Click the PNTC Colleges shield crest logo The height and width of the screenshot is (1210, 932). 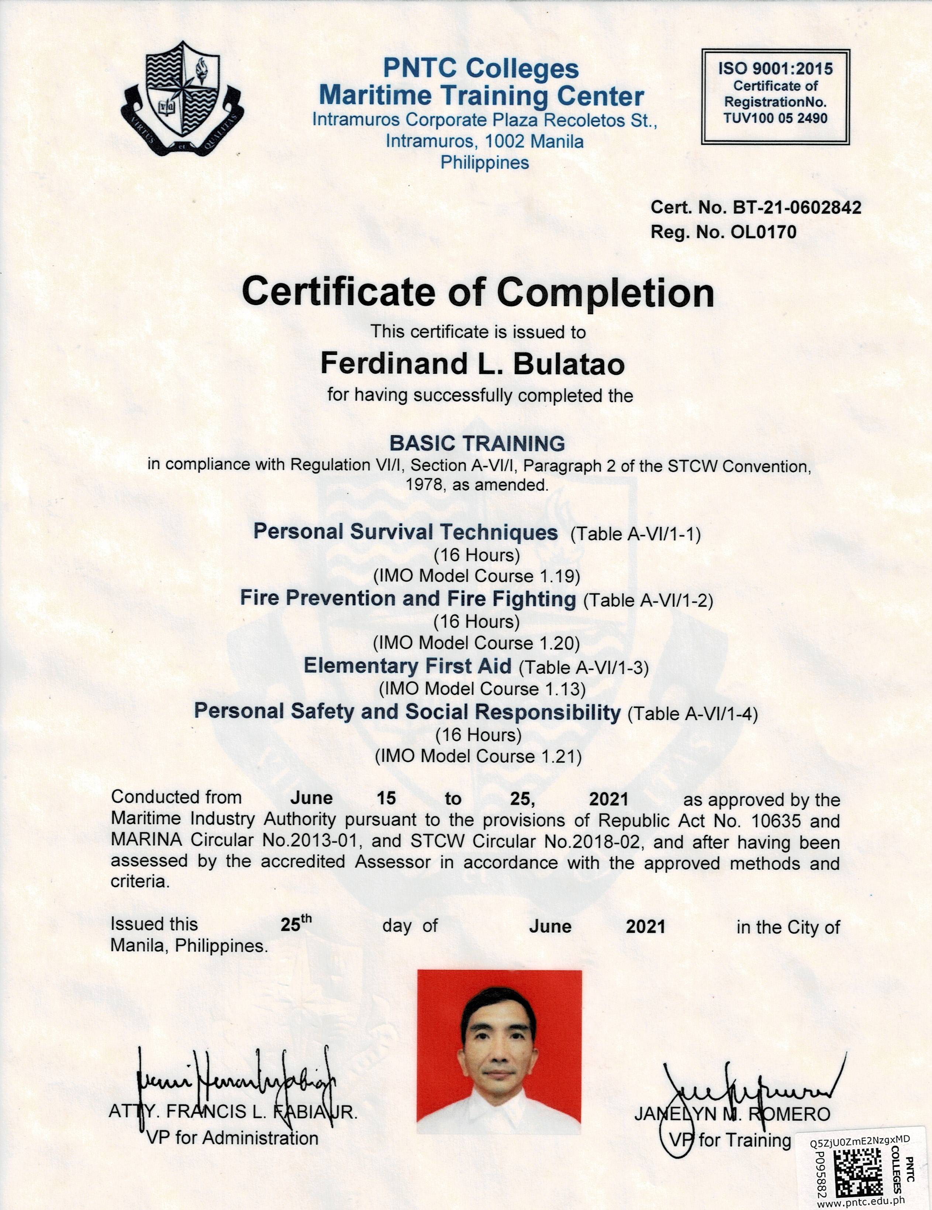[x=183, y=98]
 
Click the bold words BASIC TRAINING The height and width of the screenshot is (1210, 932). [x=477, y=443]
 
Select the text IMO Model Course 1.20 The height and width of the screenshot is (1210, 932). [x=477, y=643]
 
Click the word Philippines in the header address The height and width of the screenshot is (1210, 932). [x=484, y=163]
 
